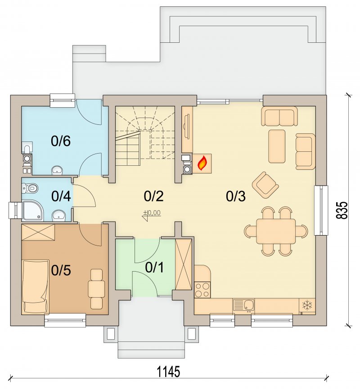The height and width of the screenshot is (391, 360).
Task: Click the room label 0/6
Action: pyautogui.click(x=61, y=141)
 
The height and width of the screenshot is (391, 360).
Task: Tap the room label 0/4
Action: pyautogui.click(x=61, y=196)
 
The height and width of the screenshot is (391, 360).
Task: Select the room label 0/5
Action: pyautogui.click(x=61, y=270)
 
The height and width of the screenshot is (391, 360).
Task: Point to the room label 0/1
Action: pyautogui.click(x=154, y=268)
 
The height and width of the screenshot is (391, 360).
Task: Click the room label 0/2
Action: pyautogui.click(x=154, y=196)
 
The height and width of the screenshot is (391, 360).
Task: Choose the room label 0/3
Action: pyautogui.click(x=236, y=196)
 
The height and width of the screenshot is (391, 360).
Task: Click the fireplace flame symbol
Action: pyautogui.click(x=202, y=164)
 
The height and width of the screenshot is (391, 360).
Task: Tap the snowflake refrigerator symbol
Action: pyautogui.click(x=307, y=305)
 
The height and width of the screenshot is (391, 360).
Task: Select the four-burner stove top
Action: pyautogui.click(x=202, y=290)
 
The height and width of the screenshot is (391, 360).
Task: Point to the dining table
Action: pyautogui.click(x=276, y=231)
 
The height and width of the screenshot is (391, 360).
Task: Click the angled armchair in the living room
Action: pyautogui.click(x=265, y=185)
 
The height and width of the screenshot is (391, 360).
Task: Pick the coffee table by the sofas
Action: pyautogui.click(x=277, y=146)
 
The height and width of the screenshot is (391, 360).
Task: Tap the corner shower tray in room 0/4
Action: pyautogui.click(x=33, y=211)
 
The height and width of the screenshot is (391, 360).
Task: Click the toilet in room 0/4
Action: pyautogui.click(x=30, y=187)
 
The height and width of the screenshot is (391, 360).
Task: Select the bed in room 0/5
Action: pyautogui.click(x=35, y=286)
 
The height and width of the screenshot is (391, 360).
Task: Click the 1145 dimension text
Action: pyautogui.click(x=168, y=372)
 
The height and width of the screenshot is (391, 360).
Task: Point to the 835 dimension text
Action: pyautogui.click(x=342, y=210)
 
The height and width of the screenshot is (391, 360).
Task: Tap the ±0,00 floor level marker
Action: pyautogui.click(x=152, y=215)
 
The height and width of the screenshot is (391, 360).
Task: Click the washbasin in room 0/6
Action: pyautogui.click(x=57, y=170)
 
